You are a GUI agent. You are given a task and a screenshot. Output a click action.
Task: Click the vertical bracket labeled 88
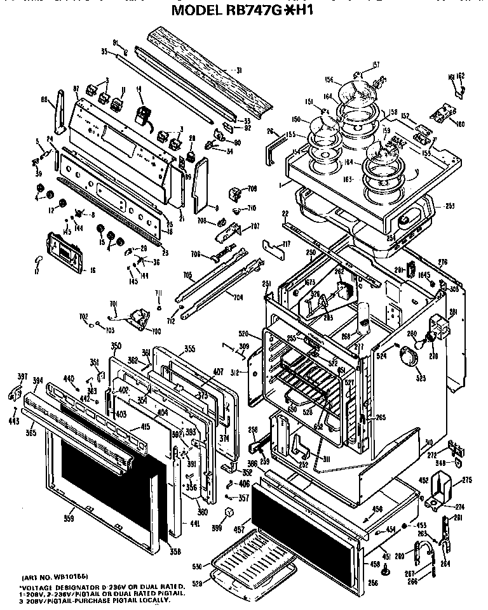60,113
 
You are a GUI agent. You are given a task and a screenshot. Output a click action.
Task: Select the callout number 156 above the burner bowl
330,79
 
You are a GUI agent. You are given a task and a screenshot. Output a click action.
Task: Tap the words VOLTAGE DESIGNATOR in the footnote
64,587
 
